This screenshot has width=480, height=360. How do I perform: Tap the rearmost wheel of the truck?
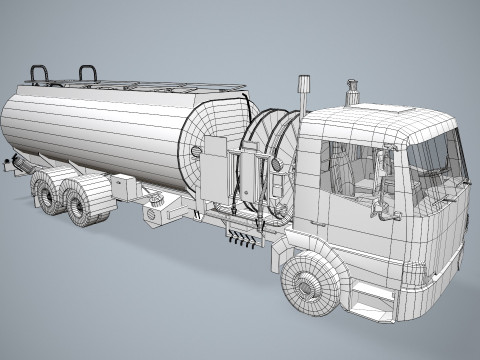point(48,190)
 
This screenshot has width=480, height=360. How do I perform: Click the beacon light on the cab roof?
point(351,92)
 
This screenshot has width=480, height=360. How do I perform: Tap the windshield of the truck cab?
point(435,155)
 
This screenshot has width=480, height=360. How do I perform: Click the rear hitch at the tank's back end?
point(10,166)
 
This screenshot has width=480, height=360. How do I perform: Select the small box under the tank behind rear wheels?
point(123,186)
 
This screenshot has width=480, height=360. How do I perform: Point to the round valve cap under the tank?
point(157,212)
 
